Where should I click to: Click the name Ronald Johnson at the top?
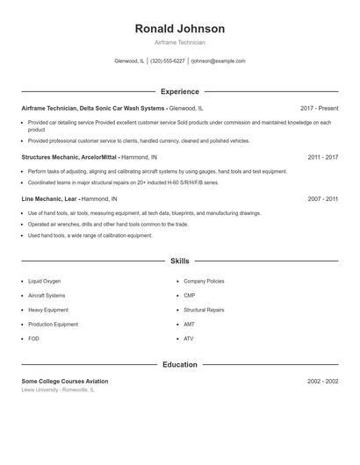point(179,29)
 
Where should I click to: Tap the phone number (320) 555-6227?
point(167,61)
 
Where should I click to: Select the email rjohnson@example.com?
point(218,61)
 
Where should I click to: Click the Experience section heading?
point(179,91)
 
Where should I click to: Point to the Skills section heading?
point(179,261)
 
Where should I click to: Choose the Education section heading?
point(179,364)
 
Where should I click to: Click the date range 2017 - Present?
point(319,108)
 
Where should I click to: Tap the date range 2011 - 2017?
point(322,157)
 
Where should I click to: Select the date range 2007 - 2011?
point(322,199)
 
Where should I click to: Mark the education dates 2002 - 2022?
point(322,382)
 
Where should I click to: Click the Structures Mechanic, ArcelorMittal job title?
point(69,157)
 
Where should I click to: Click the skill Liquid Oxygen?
point(45,281)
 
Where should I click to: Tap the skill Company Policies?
point(204,281)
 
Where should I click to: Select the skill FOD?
point(33,338)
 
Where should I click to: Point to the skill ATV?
point(188,338)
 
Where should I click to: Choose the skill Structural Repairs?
point(204,310)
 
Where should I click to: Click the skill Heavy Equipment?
point(48,310)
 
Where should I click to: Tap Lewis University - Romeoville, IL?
point(59,390)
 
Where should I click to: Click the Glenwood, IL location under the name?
point(130,61)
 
